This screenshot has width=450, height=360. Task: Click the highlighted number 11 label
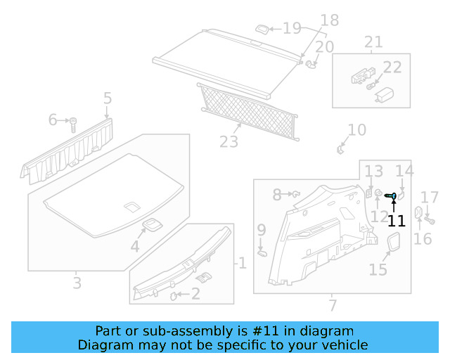coord(397,221)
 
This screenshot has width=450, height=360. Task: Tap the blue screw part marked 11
coord(392,195)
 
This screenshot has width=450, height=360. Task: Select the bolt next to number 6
coord(72,124)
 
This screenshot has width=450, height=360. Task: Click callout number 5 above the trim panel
coord(108,98)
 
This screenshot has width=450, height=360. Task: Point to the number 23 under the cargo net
coord(229,142)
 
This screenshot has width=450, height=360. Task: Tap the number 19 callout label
coord(292,28)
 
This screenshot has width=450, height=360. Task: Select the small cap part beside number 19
coord(262,29)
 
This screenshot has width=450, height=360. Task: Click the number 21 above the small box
coord(373,42)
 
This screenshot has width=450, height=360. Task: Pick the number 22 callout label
coord(392,67)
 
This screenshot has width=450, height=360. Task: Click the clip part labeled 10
coord(341,148)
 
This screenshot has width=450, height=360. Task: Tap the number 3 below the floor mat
coord(77,283)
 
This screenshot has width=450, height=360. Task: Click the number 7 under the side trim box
coord(333,305)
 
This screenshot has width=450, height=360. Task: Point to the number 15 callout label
coord(378,269)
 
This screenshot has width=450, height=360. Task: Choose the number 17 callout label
coord(429,198)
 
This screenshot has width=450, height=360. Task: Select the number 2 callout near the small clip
coord(195,295)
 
